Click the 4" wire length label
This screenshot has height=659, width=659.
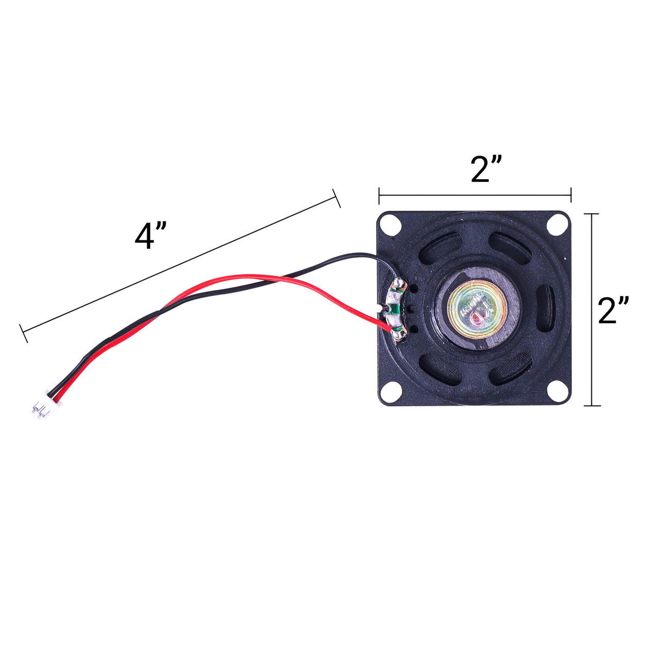(151, 236)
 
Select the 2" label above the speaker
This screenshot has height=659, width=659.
(486, 168)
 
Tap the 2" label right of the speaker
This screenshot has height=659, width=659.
(613, 310)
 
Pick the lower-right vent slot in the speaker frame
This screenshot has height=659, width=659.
(510, 369)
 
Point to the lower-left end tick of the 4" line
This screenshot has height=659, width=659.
(23, 334)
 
